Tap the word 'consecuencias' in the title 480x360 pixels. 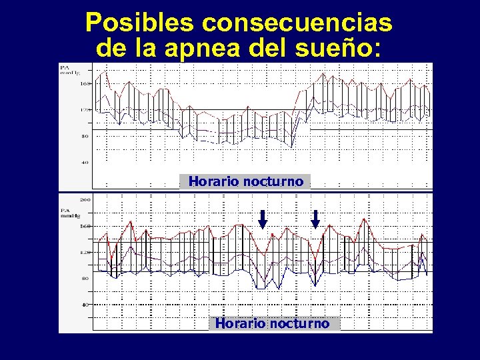click(297, 24)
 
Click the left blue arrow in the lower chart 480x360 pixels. click(263, 218)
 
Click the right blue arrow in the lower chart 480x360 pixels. click(316, 218)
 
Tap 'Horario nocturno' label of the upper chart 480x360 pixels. click(245, 181)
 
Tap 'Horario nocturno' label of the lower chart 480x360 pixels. click(272, 323)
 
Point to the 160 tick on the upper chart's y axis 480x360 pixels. click(85, 84)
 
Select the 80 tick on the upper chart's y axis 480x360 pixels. click(85, 136)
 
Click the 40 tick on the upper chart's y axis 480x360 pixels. click(85, 162)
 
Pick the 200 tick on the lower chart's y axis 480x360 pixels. click(85, 199)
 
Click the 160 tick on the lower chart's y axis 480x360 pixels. click(85, 226)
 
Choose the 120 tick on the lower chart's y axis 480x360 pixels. click(85, 253)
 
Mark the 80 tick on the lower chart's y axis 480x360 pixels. click(85, 278)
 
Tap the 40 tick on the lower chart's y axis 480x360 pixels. click(85, 304)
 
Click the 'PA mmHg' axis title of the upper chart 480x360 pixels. click(68, 70)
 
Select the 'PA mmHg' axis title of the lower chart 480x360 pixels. click(69, 212)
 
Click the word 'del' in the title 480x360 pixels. click(279, 48)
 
